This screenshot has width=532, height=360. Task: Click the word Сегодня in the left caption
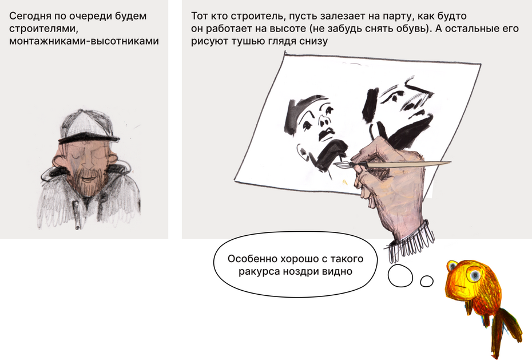tap(30, 16)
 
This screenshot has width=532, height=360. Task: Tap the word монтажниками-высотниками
tap(84, 41)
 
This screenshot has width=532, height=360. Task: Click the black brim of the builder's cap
tap(89, 138)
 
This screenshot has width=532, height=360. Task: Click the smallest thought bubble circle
tap(427, 281)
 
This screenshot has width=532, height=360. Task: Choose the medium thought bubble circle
tap(400, 276)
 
